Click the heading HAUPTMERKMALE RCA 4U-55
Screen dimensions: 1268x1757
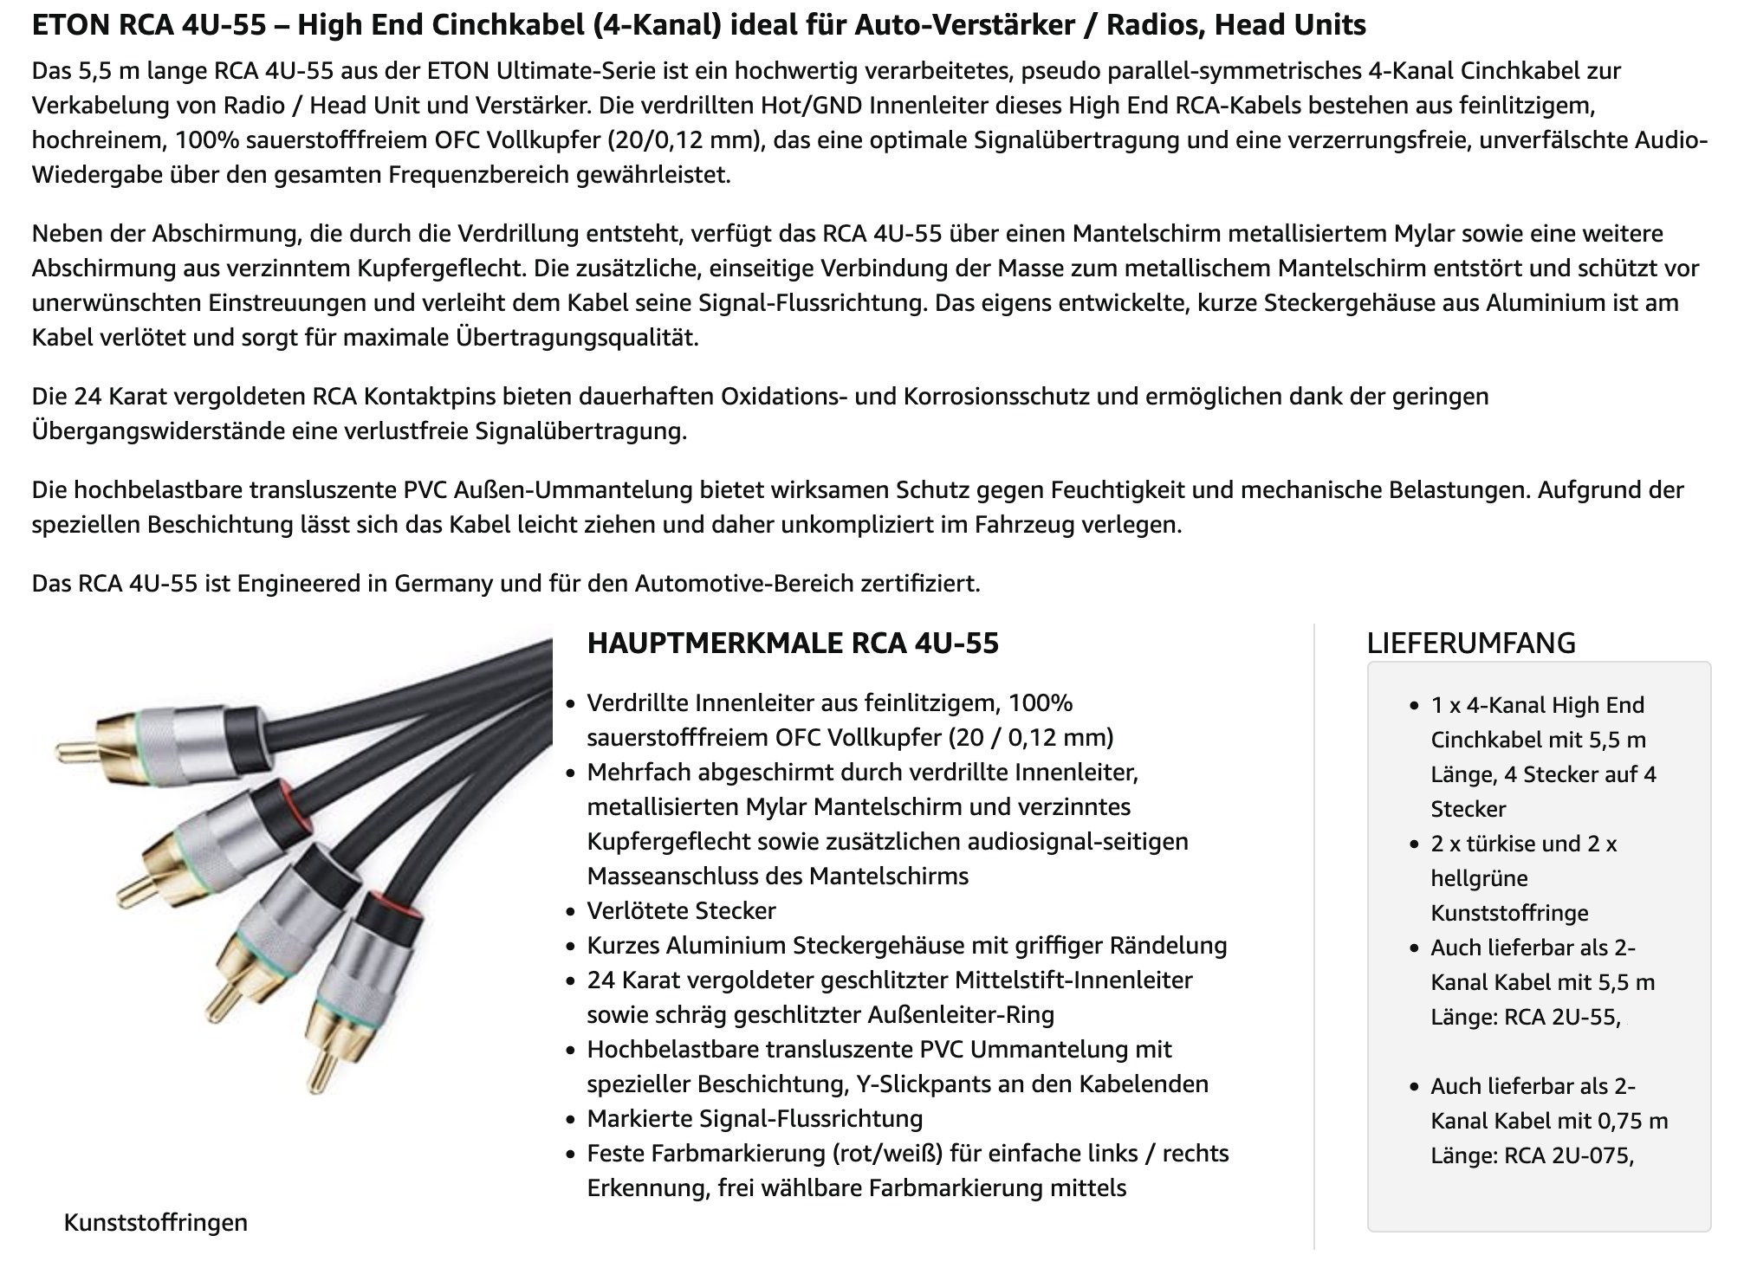[793, 644]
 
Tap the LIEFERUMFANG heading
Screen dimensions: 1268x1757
[1470, 643]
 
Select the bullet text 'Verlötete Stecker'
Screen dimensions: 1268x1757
[681, 910]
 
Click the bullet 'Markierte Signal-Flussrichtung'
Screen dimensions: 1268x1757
[754, 1118]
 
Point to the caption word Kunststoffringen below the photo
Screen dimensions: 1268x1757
[156, 1222]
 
